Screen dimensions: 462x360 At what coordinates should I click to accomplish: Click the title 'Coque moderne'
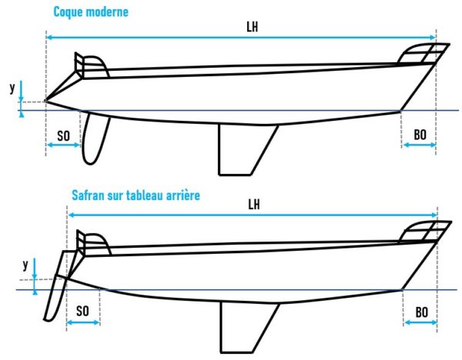[91, 12]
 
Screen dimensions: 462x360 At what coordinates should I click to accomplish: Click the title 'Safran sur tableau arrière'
[136, 195]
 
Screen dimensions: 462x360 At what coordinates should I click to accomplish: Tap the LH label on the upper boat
[253, 28]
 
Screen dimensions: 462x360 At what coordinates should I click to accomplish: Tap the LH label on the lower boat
[254, 205]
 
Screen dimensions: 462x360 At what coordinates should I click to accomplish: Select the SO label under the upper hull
[64, 136]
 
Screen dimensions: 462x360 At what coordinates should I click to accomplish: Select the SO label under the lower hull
[82, 311]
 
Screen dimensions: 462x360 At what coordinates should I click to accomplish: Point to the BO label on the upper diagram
[420, 135]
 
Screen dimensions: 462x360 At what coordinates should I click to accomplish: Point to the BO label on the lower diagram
[422, 312]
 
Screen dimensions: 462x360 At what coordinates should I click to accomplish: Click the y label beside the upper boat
[12, 88]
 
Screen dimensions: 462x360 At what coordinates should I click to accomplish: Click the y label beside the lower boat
[25, 265]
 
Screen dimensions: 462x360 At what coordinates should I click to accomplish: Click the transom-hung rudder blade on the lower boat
[56, 297]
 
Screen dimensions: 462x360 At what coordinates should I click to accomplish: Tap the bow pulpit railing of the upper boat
[423, 53]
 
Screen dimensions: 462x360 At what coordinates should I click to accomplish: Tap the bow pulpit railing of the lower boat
[424, 232]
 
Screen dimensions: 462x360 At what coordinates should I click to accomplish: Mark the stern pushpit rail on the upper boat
[91, 66]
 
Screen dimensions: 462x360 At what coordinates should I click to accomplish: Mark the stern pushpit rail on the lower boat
[93, 244]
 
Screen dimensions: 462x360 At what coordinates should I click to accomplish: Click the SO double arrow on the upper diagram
[64, 145]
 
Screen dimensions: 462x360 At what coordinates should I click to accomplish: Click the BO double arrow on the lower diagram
[420, 322]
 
